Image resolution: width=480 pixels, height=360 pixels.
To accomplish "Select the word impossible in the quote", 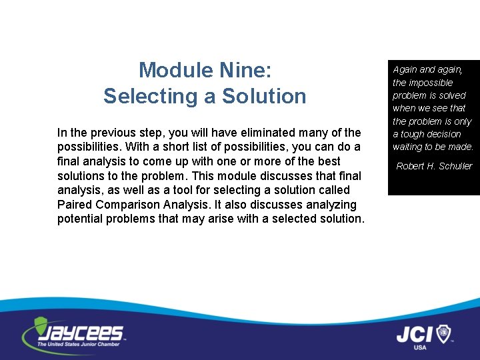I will tap(431, 83).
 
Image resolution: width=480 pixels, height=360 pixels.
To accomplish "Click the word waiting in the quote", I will tap(407, 147).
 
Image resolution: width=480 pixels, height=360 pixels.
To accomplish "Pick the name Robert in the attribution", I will tap(411, 166).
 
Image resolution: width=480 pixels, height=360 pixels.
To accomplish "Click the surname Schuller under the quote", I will tap(455, 166).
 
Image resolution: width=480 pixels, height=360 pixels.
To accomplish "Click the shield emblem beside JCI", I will tap(443, 333).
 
